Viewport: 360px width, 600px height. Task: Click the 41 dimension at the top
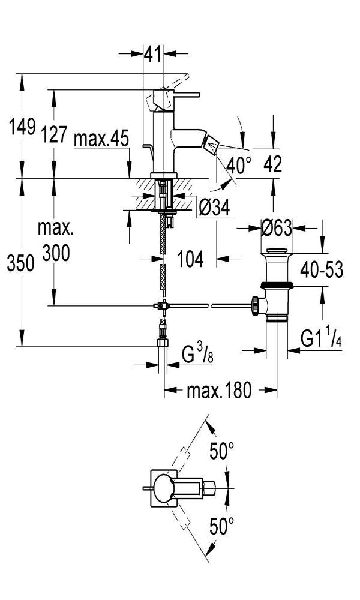pyautogui.click(x=154, y=55)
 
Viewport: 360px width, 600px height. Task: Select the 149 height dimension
pyautogui.click(x=21, y=127)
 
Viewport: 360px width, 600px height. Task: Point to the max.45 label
pyautogui.click(x=101, y=140)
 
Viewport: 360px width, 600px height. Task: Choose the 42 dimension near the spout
pyautogui.click(x=273, y=164)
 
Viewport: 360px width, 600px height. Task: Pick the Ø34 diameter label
pyautogui.click(x=214, y=208)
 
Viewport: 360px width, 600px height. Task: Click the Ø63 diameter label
pyautogui.click(x=277, y=228)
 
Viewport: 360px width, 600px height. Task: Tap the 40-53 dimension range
pyautogui.click(x=322, y=270)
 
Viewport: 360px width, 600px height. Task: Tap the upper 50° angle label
pyautogui.click(x=221, y=451)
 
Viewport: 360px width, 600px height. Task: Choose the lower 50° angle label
pyautogui.click(x=221, y=527)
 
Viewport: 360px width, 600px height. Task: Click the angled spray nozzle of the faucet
pyautogui.click(x=211, y=144)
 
